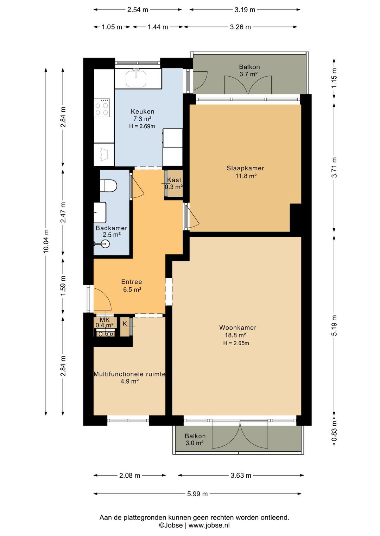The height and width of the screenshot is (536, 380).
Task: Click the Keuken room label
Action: pyautogui.click(x=142, y=111)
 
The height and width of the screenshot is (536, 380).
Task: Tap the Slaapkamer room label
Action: pyautogui.click(x=245, y=168)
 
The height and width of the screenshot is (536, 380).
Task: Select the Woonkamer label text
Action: pyautogui.click(x=237, y=328)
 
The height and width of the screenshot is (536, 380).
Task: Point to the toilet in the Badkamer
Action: pyautogui.click(x=108, y=186)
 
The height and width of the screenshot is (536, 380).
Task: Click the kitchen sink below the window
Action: pyautogui.click(x=136, y=78)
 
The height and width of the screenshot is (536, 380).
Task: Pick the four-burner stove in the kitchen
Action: pyautogui.click(x=102, y=109)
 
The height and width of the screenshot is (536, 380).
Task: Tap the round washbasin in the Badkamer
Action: pyautogui.click(x=105, y=244)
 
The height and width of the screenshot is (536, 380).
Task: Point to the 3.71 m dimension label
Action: pyautogui.click(x=334, y=167)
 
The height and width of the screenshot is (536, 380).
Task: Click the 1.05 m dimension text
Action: pyautogui.click(x=112, y=27)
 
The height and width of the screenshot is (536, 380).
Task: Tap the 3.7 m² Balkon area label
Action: pyautogui.click(x=249, y=74)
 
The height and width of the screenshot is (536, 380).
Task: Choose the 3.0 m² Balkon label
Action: pyautogui.click(x=195, y=443)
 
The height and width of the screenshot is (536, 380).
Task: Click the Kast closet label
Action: pyautogui.click(x=174, y=180)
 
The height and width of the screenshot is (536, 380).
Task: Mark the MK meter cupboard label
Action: pyautogui.click(x=104, y=320)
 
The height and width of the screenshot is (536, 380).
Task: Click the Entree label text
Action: pyautogui.click(x=132, y=282)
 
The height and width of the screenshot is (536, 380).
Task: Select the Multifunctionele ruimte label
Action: pyautogui.click(x=129, y=374)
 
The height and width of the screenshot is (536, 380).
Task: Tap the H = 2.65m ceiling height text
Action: pyautogui.click(x=236, y=344)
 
